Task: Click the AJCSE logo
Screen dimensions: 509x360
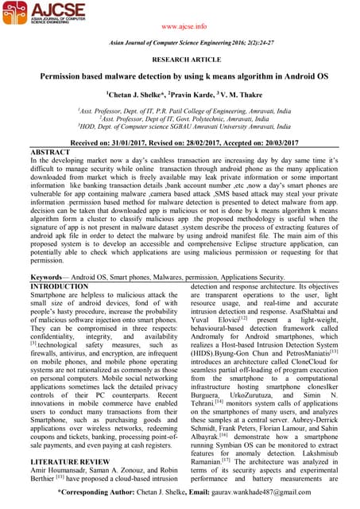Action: (47, 16)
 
